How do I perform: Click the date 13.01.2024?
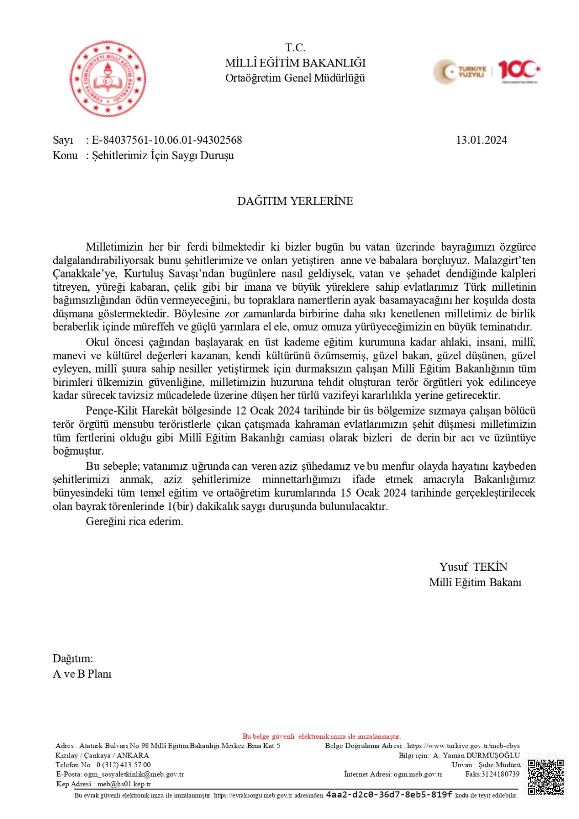[x=481, y=140]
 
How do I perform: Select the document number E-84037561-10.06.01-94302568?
[x=167, y=140]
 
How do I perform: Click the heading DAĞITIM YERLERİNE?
[x=295, y=201]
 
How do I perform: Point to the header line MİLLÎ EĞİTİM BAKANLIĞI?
[x=295, y=63]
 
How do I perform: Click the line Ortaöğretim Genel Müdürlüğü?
[x=295, y=78]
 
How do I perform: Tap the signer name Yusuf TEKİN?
[x=473, y=567]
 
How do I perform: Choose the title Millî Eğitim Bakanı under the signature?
[x=475, y=583]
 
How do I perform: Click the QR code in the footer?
[x=546, y=777]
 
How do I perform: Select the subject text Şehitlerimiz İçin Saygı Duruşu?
[x=163, y=156]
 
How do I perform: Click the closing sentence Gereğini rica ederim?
[x=134, y=522]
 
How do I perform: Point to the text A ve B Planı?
[x=82, y=674]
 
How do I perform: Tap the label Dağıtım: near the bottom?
[x=73, y=659]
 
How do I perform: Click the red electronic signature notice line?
[x=321, y=737]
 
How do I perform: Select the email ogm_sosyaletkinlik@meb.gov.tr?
[x=134, y=774]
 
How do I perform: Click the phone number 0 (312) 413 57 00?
[x=123, y=765]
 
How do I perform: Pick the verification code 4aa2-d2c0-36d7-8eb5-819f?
[x=389, y=795]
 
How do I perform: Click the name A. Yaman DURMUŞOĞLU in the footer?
[x=476, y=756]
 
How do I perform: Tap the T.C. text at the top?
[x=295, y=48]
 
